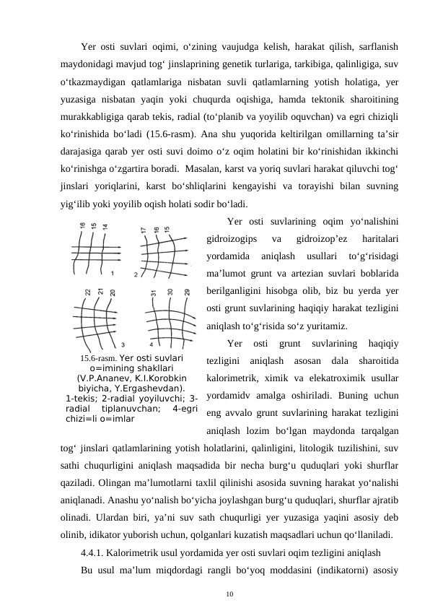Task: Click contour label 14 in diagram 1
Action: pyautogui.click(x=105, y=226)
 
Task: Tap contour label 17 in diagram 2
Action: pyautogui.click(x=144, y=230)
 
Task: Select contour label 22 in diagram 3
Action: pyautogui.click(x=88, y=292)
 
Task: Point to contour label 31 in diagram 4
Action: pyautogui.click(x=153, y=293)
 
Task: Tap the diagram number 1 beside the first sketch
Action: pyautogui.click(x=113, y=274)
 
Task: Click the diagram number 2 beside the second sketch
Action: pyautogui.click(x=136, y=274)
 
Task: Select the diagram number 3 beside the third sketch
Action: pyautogui.click(x=123, y=344)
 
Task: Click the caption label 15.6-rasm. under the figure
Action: pyautogui.click(x=98, y=357)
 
